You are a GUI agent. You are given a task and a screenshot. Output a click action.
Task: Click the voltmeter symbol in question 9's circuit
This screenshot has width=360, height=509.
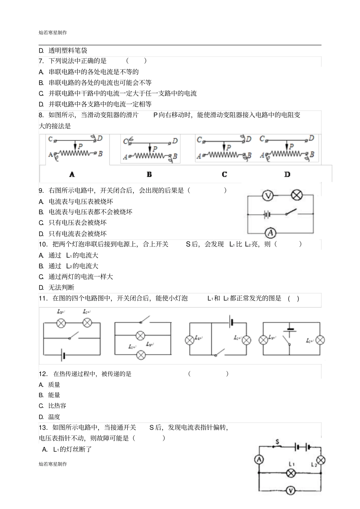click(x=268, y=195)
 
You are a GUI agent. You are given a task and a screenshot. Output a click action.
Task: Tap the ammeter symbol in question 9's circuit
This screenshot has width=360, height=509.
click(x=270, y=233)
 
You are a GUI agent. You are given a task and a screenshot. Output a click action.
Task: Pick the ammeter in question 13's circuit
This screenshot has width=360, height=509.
click(x=259, y=459)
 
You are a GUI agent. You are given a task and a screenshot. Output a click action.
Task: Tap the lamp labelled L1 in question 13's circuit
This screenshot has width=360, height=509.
click(x=291, y=473)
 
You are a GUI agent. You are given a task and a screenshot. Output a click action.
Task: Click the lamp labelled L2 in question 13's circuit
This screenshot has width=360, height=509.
click(x=321, y=460)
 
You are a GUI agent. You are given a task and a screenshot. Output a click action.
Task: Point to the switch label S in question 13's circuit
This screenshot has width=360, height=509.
click(x=277, y=442)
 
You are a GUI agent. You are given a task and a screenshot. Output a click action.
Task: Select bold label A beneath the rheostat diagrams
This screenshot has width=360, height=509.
click(x=72, y=175)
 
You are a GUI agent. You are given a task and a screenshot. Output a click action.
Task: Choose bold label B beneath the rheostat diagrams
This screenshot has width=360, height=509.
click(x=149, y=175)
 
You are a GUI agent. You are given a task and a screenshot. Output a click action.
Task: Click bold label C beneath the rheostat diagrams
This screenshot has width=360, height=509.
click(x=224, y=175)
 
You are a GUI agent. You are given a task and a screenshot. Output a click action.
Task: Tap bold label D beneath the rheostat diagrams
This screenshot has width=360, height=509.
click(x=287, y=175)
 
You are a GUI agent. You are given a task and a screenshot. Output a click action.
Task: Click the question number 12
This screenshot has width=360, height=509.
click(x=43, y=374)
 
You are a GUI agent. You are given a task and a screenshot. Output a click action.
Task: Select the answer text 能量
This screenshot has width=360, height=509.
click(x=54, y=395)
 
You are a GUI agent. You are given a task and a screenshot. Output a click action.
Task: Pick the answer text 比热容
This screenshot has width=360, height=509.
click(x=57, y=406)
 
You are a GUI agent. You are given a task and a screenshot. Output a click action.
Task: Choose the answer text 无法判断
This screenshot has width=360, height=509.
click(x=61, y=287)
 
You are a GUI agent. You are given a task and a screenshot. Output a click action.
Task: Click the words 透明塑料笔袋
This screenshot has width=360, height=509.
click(x=68, y=50)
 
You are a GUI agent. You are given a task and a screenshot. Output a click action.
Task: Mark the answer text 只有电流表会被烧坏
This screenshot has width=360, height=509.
click(x=78, y=233)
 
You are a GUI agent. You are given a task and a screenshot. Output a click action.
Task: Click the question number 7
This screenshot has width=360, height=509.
click(x=41, y=61)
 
